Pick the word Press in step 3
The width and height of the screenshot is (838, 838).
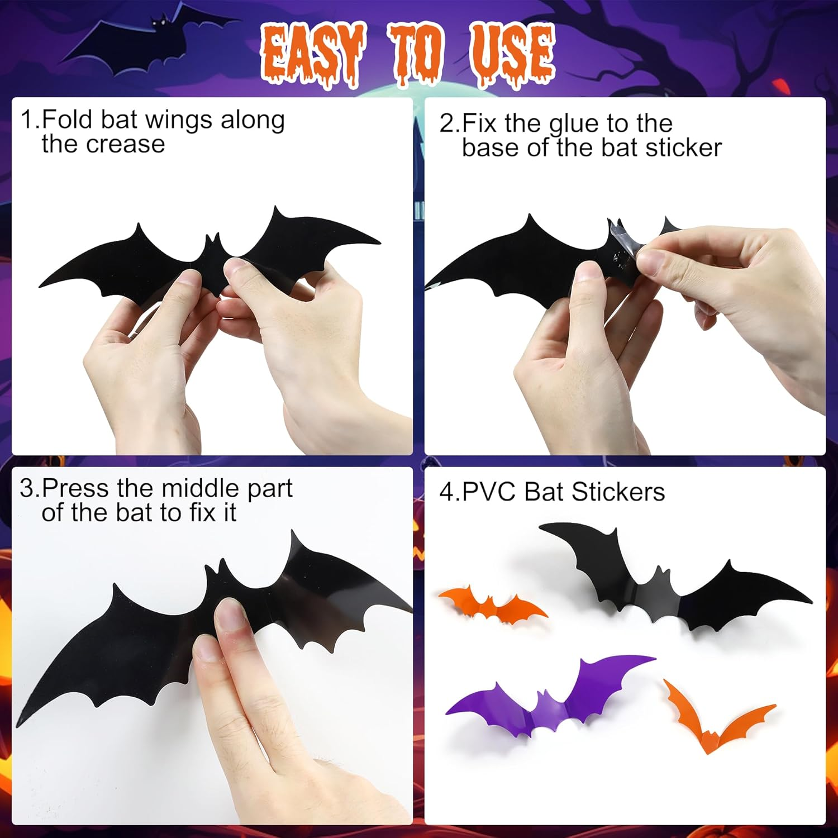[x=75, y=489]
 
